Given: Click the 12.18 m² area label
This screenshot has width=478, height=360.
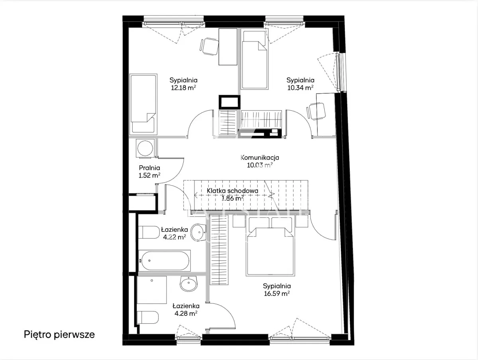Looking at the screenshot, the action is [183, 88].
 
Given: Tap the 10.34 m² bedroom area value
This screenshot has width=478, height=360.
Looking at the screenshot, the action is [300, 88].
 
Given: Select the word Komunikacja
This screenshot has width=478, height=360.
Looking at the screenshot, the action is [260, 157].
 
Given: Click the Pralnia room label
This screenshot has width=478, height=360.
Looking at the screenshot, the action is [149, 168].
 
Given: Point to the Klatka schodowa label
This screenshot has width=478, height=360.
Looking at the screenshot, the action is [232, 191].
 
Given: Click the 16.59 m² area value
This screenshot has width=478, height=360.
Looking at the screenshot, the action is [277, 293].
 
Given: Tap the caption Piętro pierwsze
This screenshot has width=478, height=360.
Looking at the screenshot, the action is [59, 335].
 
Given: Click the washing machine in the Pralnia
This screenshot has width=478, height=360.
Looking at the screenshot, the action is [145, 148].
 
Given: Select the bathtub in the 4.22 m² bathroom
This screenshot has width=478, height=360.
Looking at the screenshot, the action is [165, 260].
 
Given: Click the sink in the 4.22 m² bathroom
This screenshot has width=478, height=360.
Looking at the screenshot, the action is [198, 233].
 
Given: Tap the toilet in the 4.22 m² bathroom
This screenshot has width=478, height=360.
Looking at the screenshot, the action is [149, 232].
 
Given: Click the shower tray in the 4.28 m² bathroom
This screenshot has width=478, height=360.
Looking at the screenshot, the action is [152, 290].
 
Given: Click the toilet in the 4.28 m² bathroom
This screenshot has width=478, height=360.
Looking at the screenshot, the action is [148, 317].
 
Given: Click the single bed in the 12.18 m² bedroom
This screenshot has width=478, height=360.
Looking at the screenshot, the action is [143, 104].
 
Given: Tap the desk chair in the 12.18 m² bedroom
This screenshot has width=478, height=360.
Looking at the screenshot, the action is [209, 47].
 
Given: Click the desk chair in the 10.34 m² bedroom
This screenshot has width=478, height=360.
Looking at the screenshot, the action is [316, 111].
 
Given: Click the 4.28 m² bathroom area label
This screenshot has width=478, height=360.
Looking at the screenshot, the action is [186, 314].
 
